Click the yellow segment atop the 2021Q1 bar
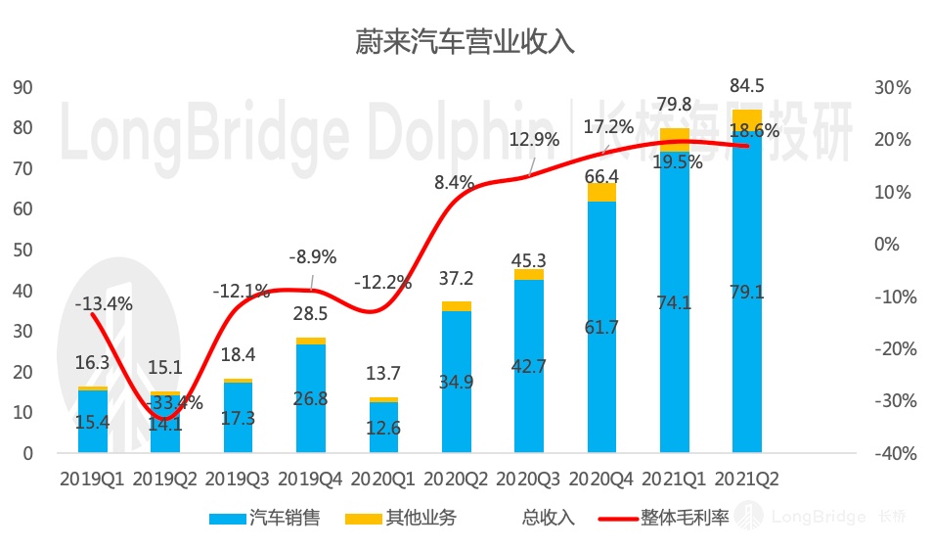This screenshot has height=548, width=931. (x=675, y=135)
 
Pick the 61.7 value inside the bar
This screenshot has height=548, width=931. (x=601, y=328)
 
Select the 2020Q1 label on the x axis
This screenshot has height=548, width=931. (x=383, y=479)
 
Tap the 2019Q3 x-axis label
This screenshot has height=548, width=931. (x=238, y=479)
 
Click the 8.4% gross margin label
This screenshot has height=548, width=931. (x=454, y=182)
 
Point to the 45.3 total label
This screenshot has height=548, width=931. (x=528, y=260)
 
